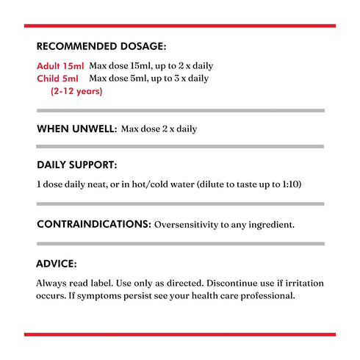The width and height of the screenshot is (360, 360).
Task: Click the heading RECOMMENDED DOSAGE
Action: [101, 46]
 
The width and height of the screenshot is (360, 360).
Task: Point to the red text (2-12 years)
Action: [76, 92]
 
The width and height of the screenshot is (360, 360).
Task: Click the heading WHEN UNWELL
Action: [76, 129]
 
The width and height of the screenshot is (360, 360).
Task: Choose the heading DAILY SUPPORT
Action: [76, 165]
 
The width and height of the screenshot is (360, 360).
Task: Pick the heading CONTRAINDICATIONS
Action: [94, 223]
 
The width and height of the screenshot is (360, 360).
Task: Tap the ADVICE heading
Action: [57, 264]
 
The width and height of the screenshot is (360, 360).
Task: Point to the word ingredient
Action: [267, 224]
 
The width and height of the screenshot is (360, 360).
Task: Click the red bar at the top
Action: [179, 26]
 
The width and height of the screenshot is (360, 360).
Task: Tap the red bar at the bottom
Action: [179, 334]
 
